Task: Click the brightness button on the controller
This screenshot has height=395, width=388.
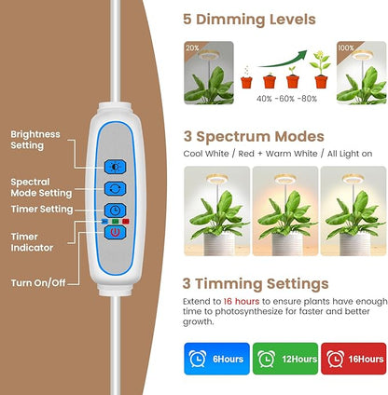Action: (x=113, y=167)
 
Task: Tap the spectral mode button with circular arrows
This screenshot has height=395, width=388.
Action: (x=113, y=189)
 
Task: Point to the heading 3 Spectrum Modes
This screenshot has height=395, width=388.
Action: (x=253, y=136)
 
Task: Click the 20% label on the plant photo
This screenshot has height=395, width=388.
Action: (x=192, y=47)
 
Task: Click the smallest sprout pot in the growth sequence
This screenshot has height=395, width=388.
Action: (x=246, y=81)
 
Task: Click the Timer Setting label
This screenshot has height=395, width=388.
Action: (x=41, y=210)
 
